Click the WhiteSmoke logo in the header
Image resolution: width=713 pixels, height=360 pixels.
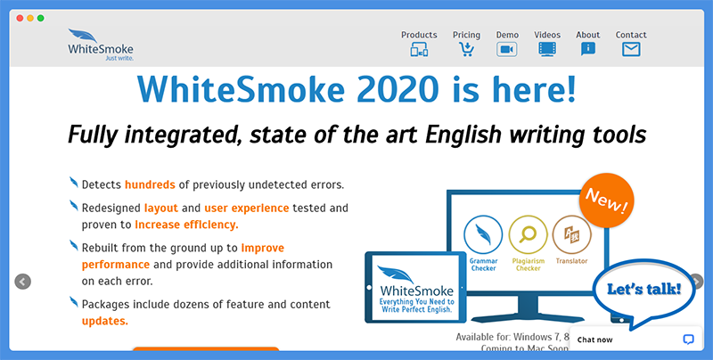pos(101,45)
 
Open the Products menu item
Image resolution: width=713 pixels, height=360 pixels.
pos(419,35)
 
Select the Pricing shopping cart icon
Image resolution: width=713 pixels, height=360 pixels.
pos(466,49)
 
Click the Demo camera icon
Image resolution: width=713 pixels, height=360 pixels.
pos(507,49)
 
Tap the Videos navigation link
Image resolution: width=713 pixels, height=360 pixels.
pos(547,35)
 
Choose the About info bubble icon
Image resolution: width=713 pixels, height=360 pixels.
pos(588,49)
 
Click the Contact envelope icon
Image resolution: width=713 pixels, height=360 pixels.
pos(631,49)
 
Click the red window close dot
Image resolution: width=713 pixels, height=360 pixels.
pos(20,18)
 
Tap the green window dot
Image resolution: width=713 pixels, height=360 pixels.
pos(40,18)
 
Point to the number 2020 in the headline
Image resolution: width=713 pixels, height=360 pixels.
pos(397,89)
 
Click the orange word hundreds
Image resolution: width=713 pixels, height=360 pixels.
pos(150,184)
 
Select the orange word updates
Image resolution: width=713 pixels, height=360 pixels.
pos(105,322)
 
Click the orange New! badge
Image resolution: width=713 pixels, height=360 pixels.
pos(607,200)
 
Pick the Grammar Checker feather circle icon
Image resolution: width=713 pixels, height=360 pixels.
pos(483,234)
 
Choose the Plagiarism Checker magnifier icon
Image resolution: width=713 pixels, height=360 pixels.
pos(528,234)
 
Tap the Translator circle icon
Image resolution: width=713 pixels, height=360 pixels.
pos(572,234)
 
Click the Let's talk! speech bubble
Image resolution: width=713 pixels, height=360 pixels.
pos(643,290)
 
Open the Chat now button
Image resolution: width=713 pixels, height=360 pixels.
pos(635,340)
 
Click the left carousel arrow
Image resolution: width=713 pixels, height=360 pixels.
pos(23,282)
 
